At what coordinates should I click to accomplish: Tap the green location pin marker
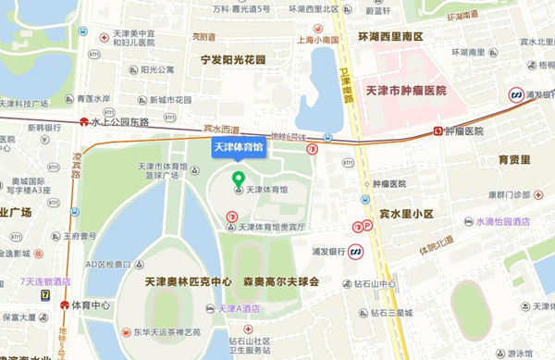pos(238,179)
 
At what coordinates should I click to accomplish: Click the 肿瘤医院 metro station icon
pos(438,131)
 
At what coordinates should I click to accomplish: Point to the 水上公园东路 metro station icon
pos(84,121)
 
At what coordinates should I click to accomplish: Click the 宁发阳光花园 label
pos(232,59)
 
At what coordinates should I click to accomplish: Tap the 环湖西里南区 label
pos(389,35)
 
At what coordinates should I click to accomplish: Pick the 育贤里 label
pos(514,159)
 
